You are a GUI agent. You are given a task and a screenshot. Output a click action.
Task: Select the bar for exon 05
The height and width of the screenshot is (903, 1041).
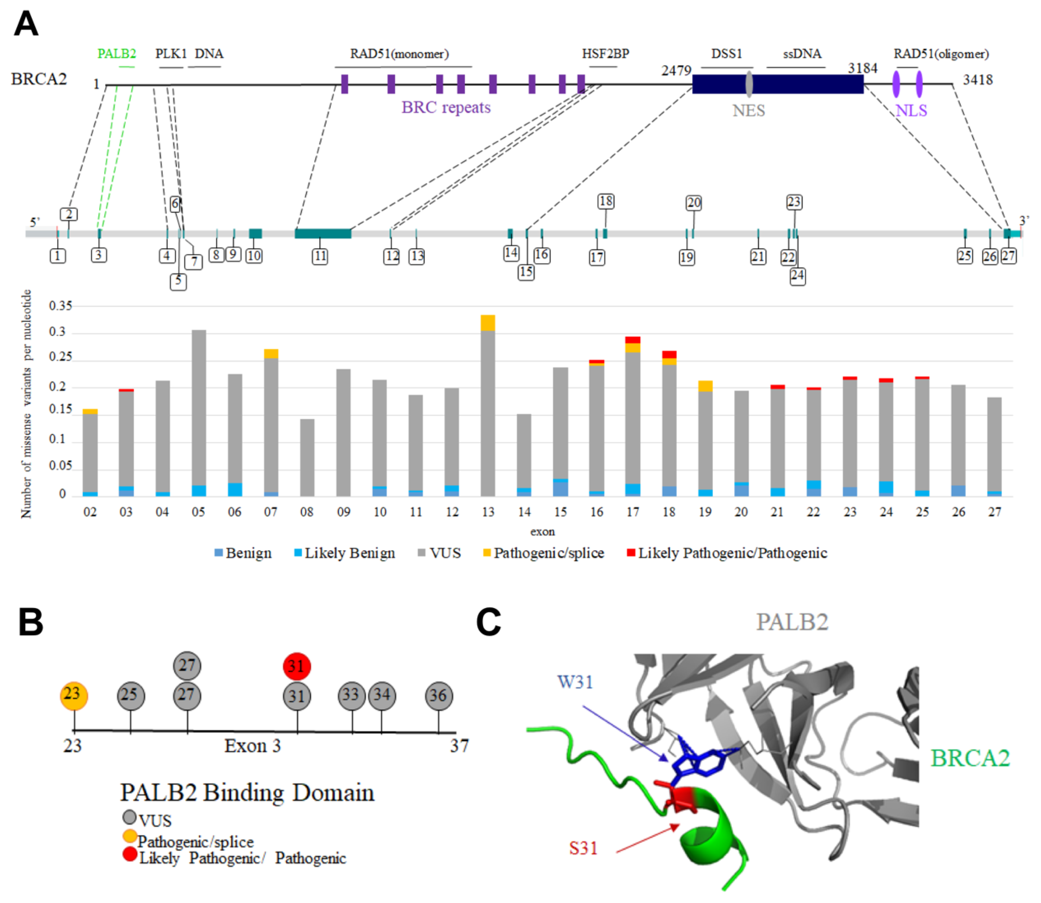point(198,413)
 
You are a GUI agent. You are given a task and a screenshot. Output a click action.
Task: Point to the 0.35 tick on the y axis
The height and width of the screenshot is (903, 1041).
point(61,306)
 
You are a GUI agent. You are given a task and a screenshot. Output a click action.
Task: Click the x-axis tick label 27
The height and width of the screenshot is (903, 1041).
point(994,512)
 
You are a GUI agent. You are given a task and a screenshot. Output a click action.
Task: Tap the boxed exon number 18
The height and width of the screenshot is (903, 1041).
point(606,202)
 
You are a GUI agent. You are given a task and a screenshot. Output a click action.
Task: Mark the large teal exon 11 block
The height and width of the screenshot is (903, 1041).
point(323,233)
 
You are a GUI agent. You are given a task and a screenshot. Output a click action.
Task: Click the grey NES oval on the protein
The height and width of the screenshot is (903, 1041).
point(749,84)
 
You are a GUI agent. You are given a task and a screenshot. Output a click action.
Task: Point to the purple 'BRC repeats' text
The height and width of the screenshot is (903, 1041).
point(446,107)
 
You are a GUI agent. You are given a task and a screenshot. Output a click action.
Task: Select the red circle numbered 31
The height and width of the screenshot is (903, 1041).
point(297,666)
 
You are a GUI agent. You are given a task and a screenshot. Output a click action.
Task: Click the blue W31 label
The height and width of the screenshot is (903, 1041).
point(575,682)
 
